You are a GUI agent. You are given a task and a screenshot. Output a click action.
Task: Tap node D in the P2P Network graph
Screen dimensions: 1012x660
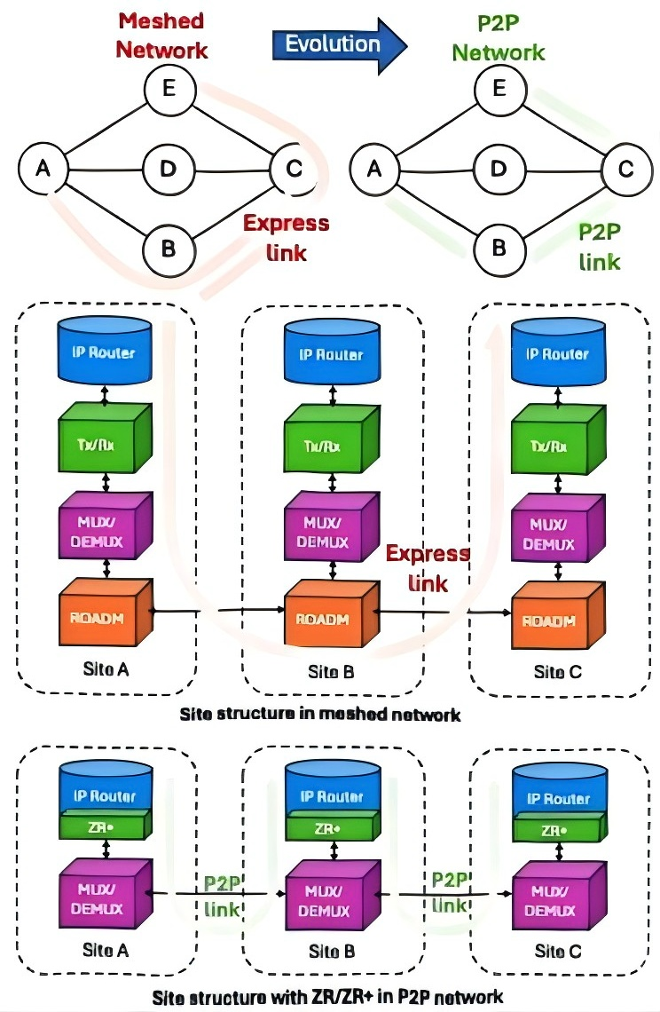(x=499, y=168)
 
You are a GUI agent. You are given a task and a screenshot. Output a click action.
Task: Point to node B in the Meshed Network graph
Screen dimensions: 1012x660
(x=168, y=247)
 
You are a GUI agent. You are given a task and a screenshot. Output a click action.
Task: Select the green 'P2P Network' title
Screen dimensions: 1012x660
(x=498, y=37)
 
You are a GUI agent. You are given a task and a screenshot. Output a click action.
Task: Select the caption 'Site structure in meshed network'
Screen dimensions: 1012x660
(x=320, y=712)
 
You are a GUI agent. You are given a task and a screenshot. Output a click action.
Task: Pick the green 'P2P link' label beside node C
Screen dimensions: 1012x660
(x=600, y=246)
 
